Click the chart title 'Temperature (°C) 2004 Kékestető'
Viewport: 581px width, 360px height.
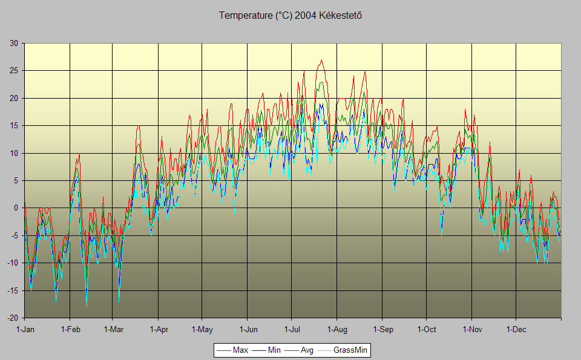coord(290,15)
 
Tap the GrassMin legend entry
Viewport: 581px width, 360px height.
coord(350,350)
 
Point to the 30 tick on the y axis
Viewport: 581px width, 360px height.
coord(13,43)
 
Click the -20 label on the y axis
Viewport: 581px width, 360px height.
coord(12,318)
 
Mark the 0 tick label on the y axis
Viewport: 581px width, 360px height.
coord(16,208)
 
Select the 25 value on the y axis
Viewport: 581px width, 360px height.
coord(13,71)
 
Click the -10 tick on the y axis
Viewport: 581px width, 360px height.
coord(12,263)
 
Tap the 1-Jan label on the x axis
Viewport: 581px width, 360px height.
coord(25,330)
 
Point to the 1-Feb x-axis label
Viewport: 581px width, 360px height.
coord(70,330)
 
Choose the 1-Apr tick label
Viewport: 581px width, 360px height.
coord(159,330)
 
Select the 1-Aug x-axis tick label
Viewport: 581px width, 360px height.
coord(337,330)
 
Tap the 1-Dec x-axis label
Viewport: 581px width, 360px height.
coord(516,330)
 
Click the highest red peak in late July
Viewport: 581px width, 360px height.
coord(321,60)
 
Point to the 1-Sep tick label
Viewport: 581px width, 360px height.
coord(382,330)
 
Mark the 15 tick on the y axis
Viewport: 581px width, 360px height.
coord(13,126)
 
